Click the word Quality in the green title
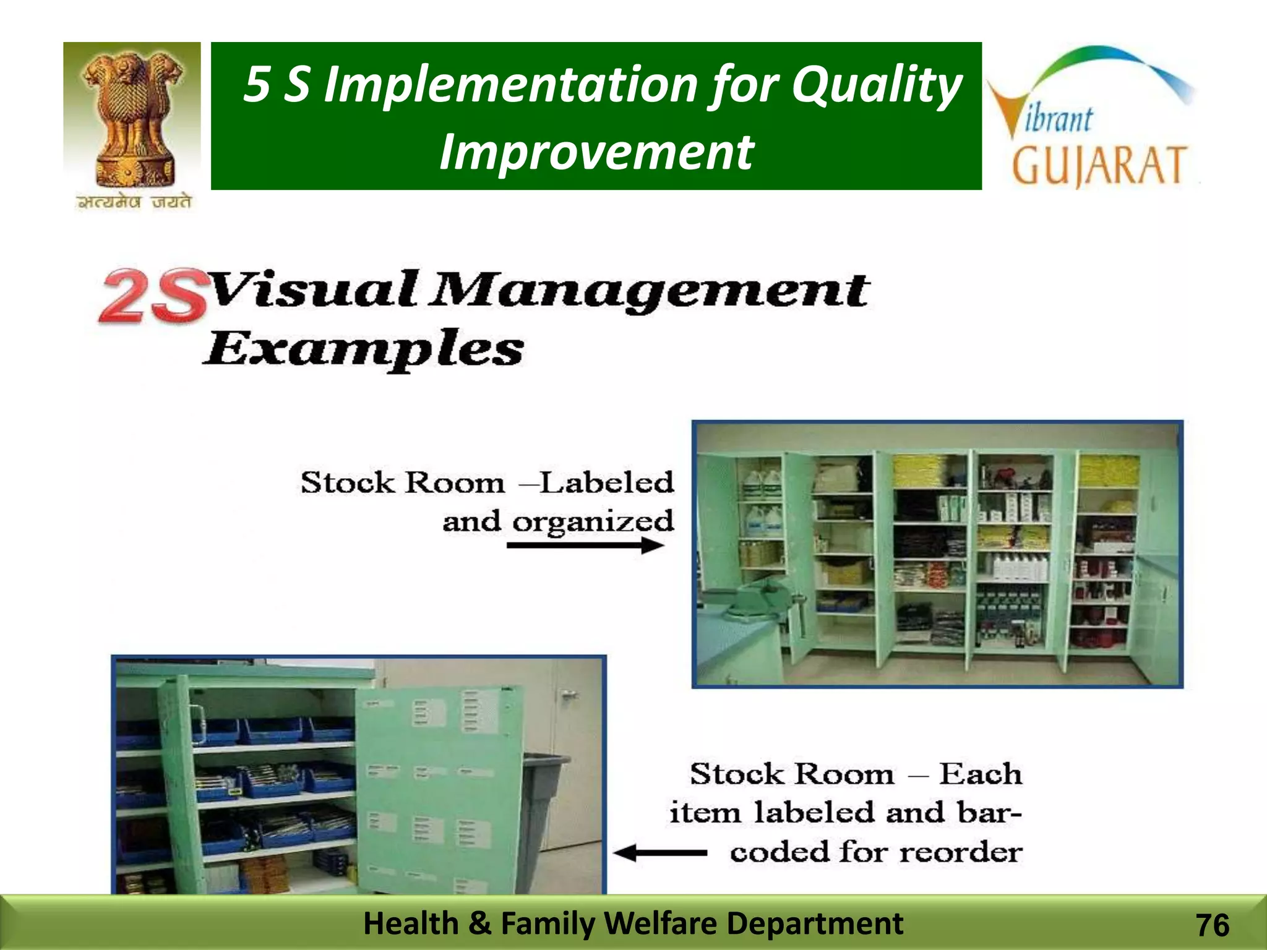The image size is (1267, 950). tap(877, 85)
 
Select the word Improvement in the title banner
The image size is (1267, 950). tap(596, 152)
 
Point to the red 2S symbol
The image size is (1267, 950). tap(152, 296)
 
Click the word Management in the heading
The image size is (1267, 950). tap(650, 290)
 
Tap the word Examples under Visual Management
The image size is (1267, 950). tap(364, 350)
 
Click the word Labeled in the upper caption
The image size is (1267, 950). tap(606, 483)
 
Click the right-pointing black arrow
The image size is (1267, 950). tap(585, 546)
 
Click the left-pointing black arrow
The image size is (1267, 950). tap(659, 854)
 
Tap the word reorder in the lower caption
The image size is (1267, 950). tap(960, 852)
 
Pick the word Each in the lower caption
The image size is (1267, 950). tap(981, 774)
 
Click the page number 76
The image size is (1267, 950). tap(1213, 925)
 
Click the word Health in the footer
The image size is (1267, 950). tap(411, 923)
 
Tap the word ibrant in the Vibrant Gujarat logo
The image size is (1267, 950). tap(1059, 119)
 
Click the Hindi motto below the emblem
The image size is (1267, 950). tap(134, 202)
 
